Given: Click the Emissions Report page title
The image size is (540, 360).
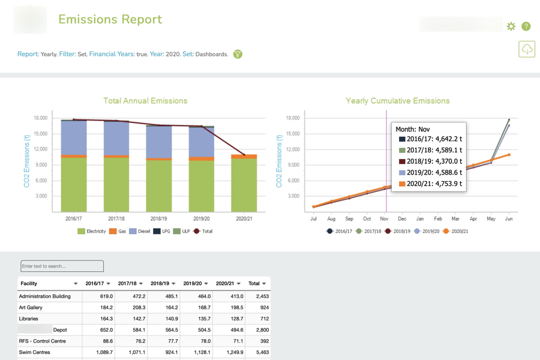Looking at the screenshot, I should (x=110, y=20).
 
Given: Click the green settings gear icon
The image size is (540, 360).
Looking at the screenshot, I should (x=511, y=26).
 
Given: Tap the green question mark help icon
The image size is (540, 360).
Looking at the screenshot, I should (x=526, y=26).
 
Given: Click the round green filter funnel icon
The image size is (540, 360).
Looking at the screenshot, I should (x=238, y=54).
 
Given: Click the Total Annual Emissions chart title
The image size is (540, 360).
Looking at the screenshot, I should (x=145, y=101).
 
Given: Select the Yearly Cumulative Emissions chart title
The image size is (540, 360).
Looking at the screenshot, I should (x=397, y=101).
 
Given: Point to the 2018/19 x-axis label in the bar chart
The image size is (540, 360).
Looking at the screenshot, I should (x=158, y=219).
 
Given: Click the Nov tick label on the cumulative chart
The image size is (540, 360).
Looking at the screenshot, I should (x=384, y=219).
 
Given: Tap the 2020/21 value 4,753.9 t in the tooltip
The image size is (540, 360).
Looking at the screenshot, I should (x=430, y=184).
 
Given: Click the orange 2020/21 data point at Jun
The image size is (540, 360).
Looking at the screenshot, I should (x=509, y=155).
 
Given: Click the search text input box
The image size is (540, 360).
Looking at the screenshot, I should (x=62, y=266).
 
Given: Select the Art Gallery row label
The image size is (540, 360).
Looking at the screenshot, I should (x=31, y=307).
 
